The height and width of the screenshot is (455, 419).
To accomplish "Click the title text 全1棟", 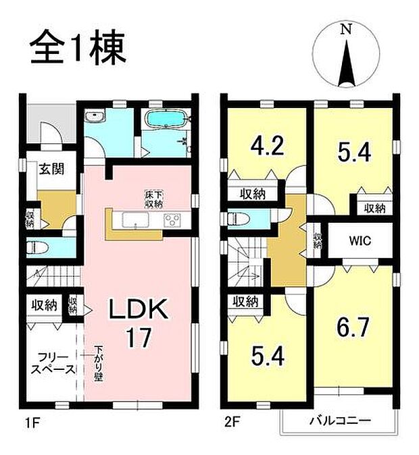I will [x=76, y=49].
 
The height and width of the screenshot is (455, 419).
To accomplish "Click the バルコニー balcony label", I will [x=340, y=420].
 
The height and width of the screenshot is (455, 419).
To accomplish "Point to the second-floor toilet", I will [x=237, y=219].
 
